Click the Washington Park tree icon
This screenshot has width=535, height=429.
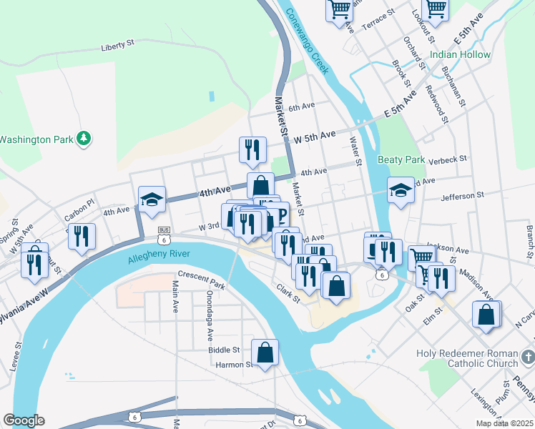click(x=84, y=137)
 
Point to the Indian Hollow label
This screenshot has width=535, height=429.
click(x=461, y=55)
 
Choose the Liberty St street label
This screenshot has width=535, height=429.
click(x=118, y=45)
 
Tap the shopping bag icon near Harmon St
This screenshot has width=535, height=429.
click(x=265, y=352)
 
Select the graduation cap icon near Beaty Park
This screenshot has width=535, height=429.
click(x=401, y=190)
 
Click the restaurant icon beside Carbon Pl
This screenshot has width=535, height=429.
click(x=82, y=236)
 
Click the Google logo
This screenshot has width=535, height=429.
click(x=24, y=420)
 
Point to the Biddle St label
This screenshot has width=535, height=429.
click(x=224, y=350)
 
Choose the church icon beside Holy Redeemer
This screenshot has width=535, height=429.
click(x=527, y=355)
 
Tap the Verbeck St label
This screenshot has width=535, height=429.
click(x=448, y=159)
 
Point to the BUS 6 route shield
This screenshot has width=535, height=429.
click(x=165, y=232)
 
